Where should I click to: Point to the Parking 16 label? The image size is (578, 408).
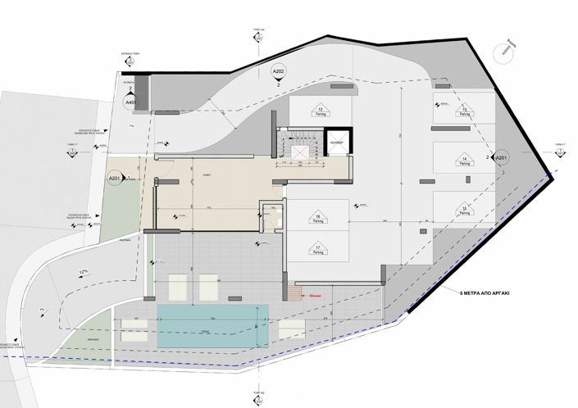pos(318,219)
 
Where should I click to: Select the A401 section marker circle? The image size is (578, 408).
pos(130,103)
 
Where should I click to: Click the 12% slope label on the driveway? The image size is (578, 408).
pos(82,271)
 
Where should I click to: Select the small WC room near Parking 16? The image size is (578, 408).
pos(275,217)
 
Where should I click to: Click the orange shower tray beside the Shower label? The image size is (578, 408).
pos(294,292)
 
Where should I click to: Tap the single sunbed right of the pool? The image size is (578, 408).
pos(290,329)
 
